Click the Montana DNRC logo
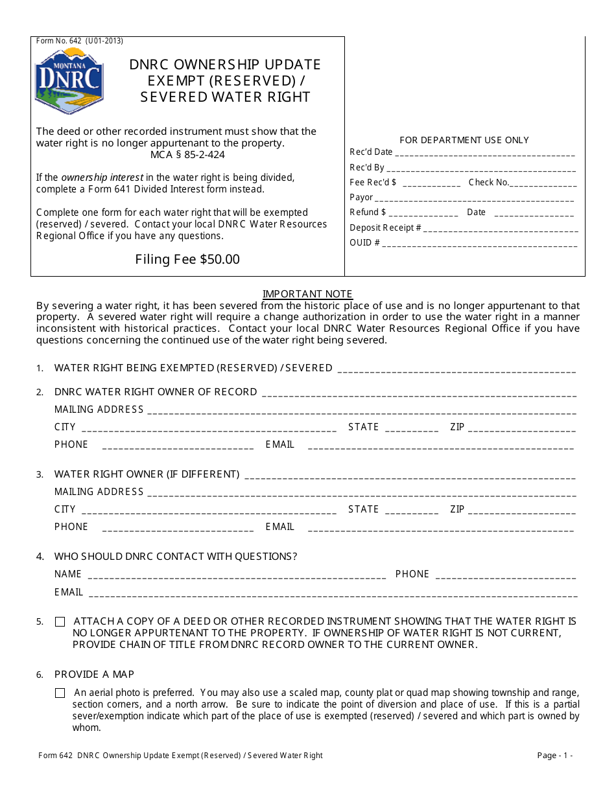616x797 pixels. click(69, 81)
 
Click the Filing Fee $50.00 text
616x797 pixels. click(187, 259)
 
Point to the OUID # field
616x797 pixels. click(480, 244)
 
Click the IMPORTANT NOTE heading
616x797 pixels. click(307, 294)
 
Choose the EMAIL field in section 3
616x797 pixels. click(440, 528)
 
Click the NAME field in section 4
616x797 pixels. click(237, 575)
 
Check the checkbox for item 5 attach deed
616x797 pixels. click(60, 622)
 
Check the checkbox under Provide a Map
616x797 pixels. click(60, 693)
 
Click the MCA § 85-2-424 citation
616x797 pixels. click(187, 155)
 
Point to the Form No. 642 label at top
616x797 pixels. click(79, 41)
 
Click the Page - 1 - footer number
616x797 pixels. click(554, 756)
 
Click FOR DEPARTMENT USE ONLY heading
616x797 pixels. click(464, 140)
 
